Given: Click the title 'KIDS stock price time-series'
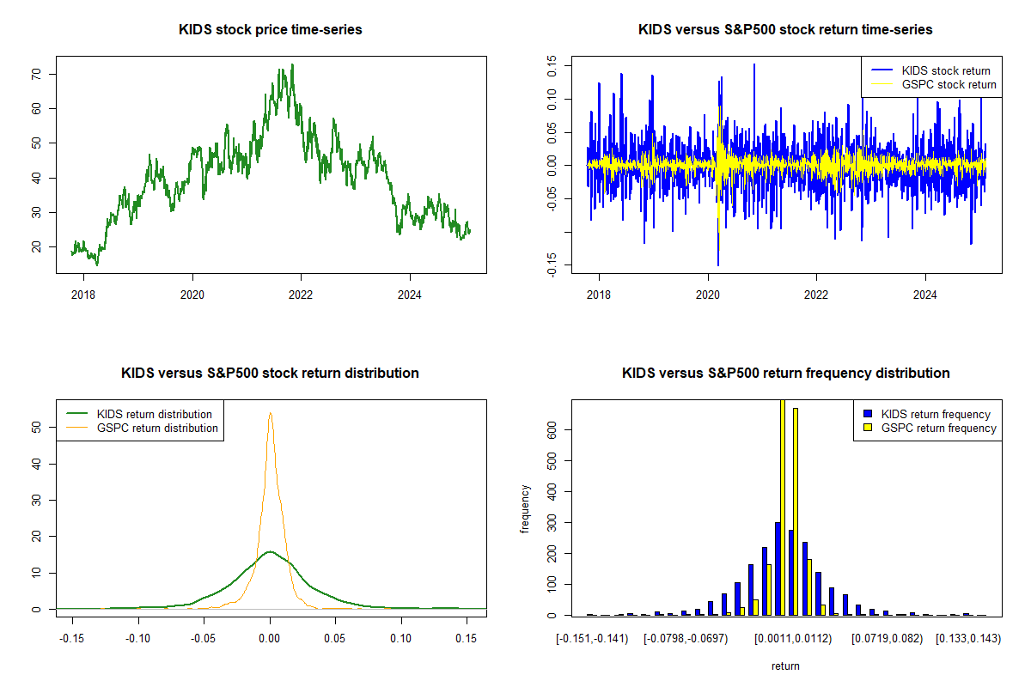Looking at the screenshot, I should click(x=270, y=30).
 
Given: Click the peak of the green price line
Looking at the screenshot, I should click(x=292, y=64).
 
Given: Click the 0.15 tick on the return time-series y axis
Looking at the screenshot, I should click(x=552, y=61).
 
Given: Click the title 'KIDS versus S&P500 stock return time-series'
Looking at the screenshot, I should click(x=785, y=30).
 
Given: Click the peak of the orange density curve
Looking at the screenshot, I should click(x=271, y=413).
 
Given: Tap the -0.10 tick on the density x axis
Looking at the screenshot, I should click(x=138, y=639).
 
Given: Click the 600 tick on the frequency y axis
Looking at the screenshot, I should click(x=552, y=429).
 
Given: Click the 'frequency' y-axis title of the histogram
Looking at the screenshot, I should click(x=526, y=509).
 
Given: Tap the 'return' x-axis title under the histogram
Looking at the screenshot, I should click(x=785, y=666).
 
